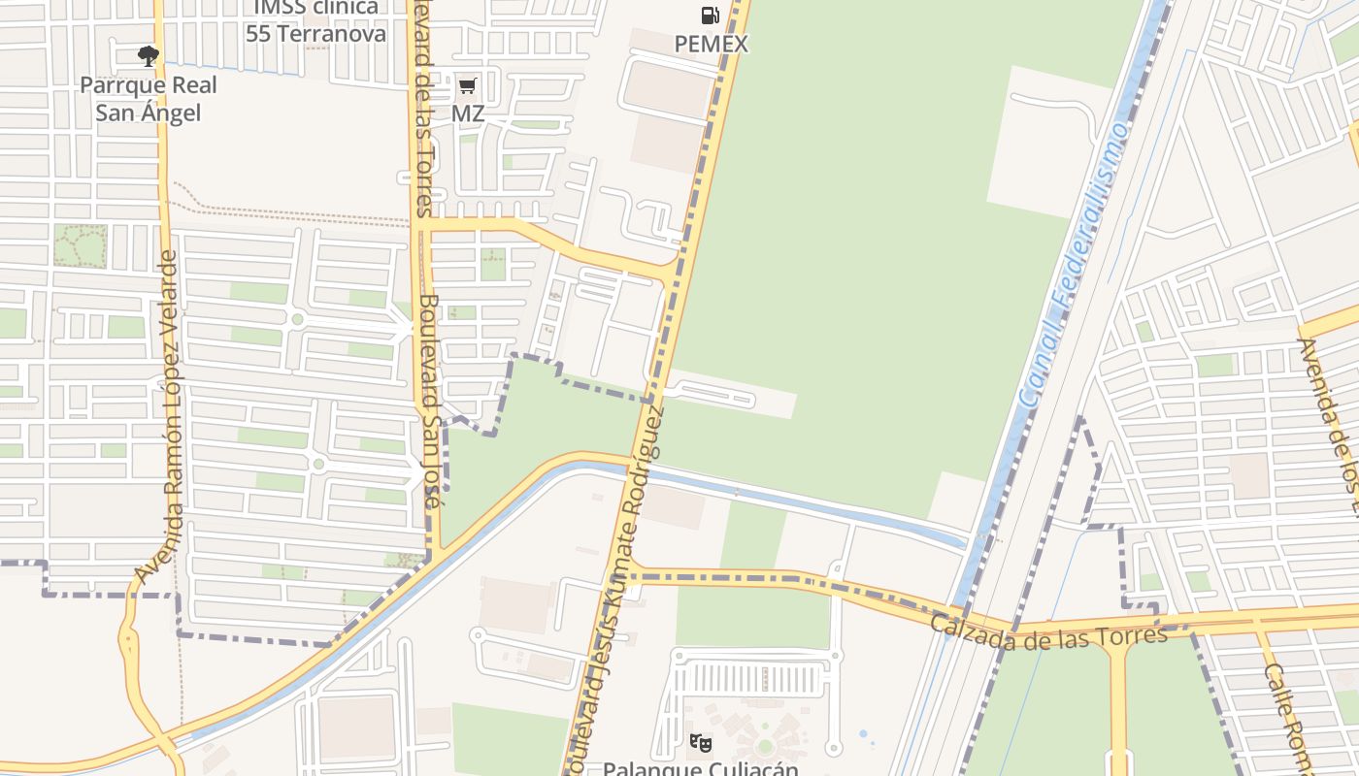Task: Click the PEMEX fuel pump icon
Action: [711, 16]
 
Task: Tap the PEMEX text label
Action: [712, 44]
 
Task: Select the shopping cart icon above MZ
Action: [467, 86]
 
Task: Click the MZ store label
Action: [468, 113]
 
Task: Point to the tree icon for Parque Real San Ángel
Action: [148, 56]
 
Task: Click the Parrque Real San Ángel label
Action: [148, 99]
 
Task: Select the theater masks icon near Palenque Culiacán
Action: [701, 744]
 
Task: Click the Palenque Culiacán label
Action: [701, 768]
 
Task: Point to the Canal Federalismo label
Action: [1075, 265]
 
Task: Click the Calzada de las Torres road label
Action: [1048, 630]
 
